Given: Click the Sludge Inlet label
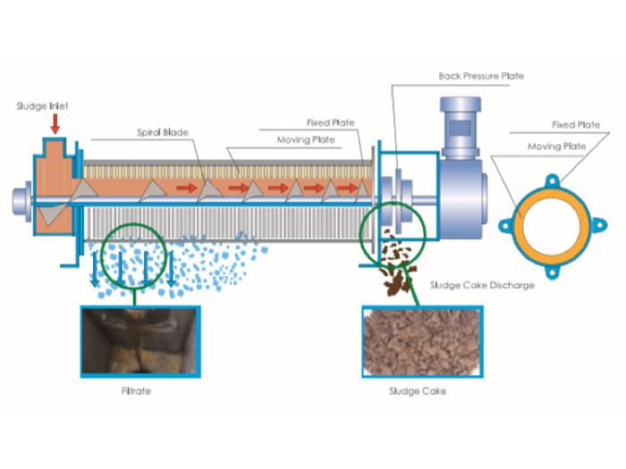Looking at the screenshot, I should pos(42,105).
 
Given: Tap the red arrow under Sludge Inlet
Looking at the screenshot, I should pos(55,121).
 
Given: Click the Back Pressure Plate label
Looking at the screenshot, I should pos(481,76).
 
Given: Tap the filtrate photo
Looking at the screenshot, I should pos(140,341).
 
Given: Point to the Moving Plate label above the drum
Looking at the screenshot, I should pos(326,140).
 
